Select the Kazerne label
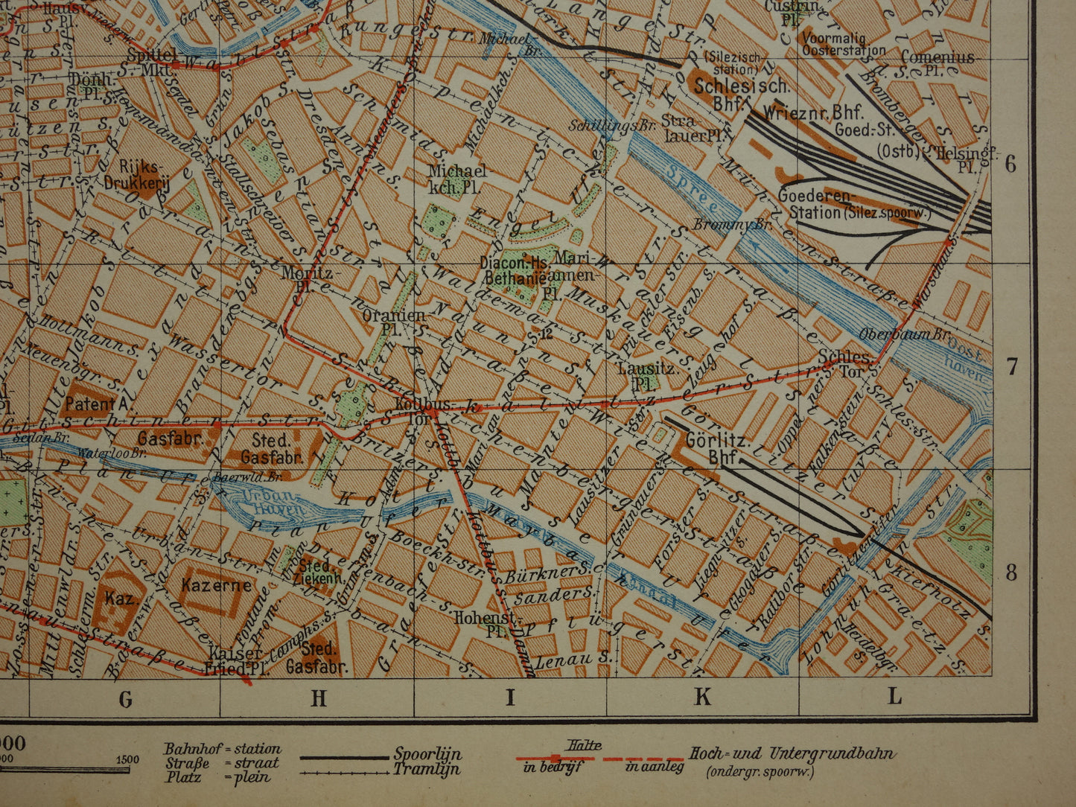tap(216, 585)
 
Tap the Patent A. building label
tap(99, 404)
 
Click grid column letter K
tap(702, 698)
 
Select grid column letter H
tap(318, 698)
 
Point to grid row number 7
tap(1010, 366)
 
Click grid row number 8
tap(1010, 572)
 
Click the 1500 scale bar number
tap(127, 759)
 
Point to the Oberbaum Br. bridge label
tap(895, 334)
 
